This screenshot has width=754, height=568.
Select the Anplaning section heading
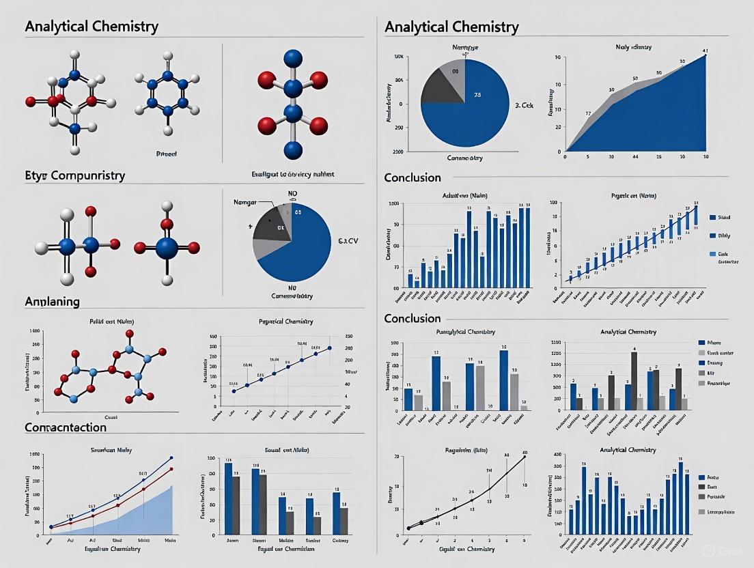(52, 301)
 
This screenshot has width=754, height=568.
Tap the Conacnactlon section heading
(66, 427)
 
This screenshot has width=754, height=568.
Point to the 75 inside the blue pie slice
(478, 96)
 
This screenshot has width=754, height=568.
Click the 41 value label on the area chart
(706, 51)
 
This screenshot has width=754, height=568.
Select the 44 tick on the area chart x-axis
(635, 157)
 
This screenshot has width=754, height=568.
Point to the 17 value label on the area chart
(587, 113)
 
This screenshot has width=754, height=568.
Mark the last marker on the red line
(171, 469)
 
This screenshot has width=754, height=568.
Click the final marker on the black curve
(525, 457)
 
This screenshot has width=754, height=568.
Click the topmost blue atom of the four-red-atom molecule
(292, 58)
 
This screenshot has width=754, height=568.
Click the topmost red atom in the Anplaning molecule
(128, 334)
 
